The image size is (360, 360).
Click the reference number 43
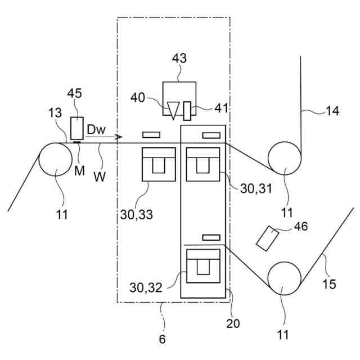[179, 58]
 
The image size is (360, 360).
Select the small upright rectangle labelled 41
[187, 110]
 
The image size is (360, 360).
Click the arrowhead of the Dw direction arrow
[119, 137]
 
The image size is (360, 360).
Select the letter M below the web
[79, 155]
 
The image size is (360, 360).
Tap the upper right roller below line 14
[285, 157]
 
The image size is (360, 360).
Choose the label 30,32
[145, 288]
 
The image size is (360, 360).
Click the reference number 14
[332, 110]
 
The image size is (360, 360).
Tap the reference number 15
[330, 284]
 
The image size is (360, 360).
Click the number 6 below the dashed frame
[163, 340]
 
